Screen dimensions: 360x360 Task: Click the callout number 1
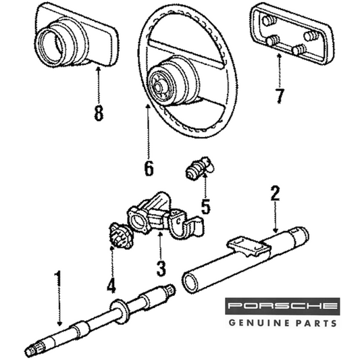pos(59,279)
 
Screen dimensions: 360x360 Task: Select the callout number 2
pos(276,193)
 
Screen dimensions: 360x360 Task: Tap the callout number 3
pos(161,268)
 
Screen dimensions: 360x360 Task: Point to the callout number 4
pos(111,285)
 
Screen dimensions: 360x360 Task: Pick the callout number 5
pos(205,206)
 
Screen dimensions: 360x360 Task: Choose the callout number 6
pos(149,168)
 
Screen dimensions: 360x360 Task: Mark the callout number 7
pos(280,95)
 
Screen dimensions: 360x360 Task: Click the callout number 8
pos(99,113)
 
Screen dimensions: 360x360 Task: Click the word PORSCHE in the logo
pos(282,306)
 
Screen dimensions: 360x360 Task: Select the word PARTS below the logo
pos(315,323)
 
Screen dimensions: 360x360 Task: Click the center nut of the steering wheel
pos(158,87)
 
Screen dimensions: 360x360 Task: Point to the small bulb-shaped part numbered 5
pos(199,168)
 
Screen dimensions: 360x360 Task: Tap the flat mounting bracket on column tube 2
pos(249,247)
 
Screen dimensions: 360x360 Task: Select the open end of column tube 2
pos(190,284)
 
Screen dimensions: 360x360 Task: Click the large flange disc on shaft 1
pos(120,311)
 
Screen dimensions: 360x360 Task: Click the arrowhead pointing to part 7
pos(279,56)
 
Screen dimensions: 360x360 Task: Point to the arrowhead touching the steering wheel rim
pos(148,107)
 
